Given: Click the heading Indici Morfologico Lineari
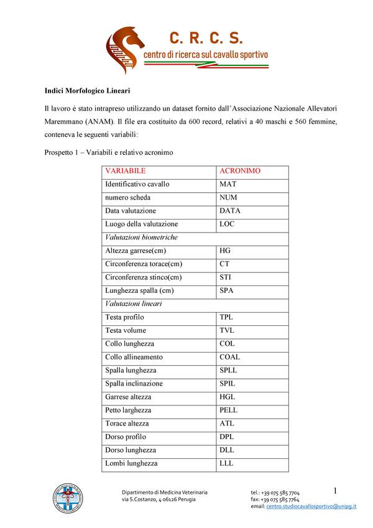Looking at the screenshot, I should [87, 91].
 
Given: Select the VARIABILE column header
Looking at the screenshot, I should [126, 170].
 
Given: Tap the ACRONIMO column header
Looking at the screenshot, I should [240, 170].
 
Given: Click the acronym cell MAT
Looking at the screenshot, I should [228, 184].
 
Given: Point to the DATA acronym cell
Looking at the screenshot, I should [230, 211].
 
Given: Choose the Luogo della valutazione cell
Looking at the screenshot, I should [142, 224].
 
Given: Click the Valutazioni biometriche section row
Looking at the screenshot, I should [142, 237].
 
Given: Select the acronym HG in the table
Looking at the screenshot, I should [225, 251].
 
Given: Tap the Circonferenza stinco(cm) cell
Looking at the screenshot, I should [144, 277].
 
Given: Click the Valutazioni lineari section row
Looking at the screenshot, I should [134, 303].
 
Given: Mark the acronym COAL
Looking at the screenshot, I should [230, 357].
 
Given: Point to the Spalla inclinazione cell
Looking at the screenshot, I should [134, 384].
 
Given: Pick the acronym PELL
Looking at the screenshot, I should [229, 410].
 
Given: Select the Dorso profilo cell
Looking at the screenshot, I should [126, 437].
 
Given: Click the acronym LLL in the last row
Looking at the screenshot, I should [226, 463].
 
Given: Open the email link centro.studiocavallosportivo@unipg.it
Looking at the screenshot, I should [311, 507].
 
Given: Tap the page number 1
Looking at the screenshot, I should [335, 491].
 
